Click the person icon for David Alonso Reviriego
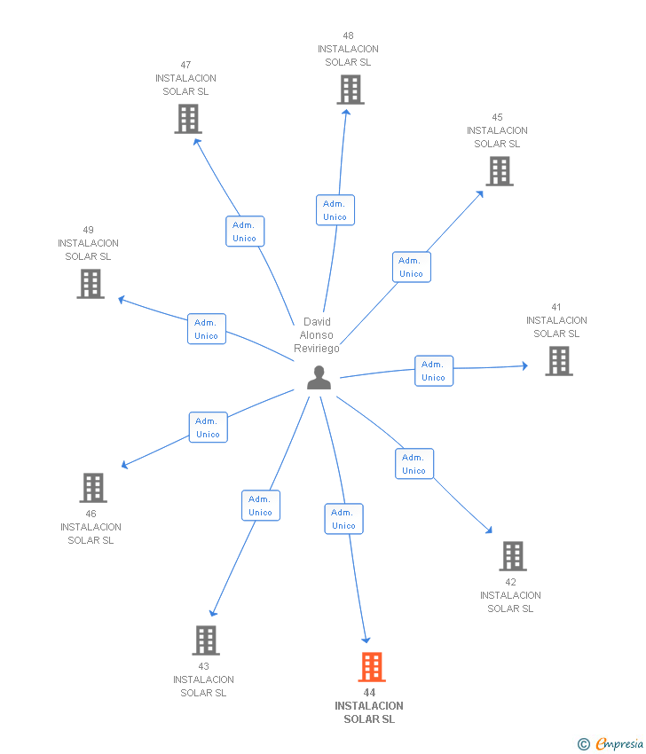319,378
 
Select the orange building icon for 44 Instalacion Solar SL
372,667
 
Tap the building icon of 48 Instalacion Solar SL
351,90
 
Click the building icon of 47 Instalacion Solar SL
188,119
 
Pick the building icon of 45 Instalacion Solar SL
500,172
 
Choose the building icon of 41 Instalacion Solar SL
559,361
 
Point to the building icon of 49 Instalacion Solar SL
91,284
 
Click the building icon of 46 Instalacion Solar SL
93,488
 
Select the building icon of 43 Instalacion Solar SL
206,640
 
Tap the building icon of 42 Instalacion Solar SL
513,556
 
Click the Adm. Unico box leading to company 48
335,210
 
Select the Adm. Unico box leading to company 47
245,232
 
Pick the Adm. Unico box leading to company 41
434,371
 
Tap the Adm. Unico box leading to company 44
344,519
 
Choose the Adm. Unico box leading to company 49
207,329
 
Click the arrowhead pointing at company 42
489,530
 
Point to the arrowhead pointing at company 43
213,613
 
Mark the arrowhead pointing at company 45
480,194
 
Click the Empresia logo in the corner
611,744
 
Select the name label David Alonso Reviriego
317,335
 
